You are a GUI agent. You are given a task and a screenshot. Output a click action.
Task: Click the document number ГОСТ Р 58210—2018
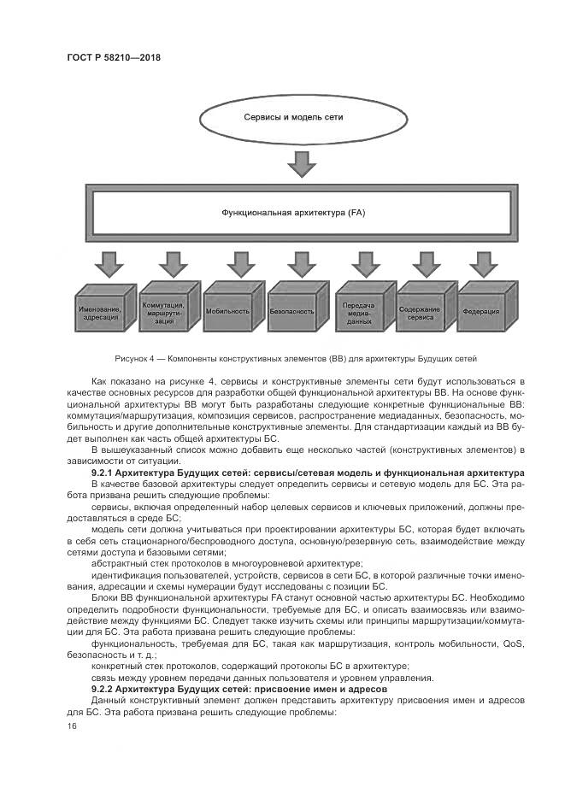(114, 57)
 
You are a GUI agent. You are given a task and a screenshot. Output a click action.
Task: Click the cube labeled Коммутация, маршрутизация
(164, 309)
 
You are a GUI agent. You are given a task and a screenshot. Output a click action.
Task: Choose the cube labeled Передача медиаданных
(360, 311)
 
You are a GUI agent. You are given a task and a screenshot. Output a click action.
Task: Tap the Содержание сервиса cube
(420, 311)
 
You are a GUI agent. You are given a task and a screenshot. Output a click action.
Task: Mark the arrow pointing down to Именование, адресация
(109, 264)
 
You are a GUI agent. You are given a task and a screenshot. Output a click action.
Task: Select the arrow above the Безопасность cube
(302, 264)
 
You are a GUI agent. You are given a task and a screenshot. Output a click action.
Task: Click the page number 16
(71, 726)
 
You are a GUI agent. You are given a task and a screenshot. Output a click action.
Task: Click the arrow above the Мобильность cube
(237, 264)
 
